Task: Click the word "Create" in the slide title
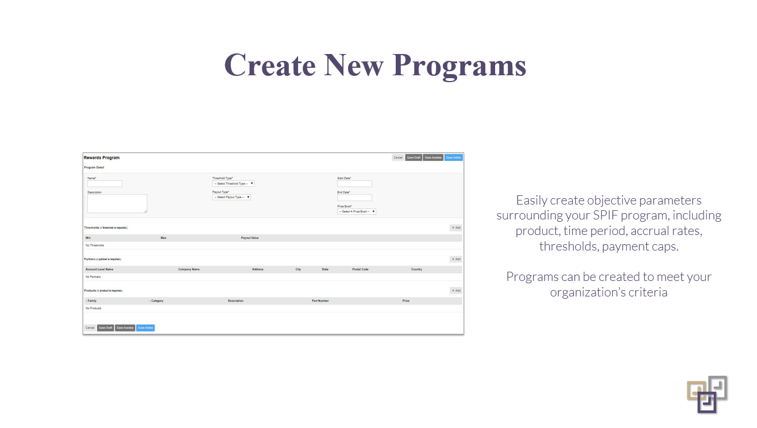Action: (x=269, y=64)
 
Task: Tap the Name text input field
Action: (x=105, y=184)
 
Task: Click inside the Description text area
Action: (x=117, y=203)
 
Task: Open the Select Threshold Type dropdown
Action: (x=233, y=184)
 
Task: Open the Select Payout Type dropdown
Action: (x=231, y=197)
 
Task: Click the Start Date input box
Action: (x=354, y=184)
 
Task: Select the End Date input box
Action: (x=354, y=198)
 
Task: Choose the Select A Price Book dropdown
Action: (x=357, y=211)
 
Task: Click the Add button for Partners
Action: (x=456, y=259)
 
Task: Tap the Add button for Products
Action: (x=456, y=291)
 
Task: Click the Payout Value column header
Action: (x=250, y=238)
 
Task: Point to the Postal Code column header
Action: (x=360, y=269)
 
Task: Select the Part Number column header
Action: (x=320, y=301)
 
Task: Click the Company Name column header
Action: (x=189, y=269)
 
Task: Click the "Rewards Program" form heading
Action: (x=102, y=157)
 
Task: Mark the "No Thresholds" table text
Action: (x=95, y=245)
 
